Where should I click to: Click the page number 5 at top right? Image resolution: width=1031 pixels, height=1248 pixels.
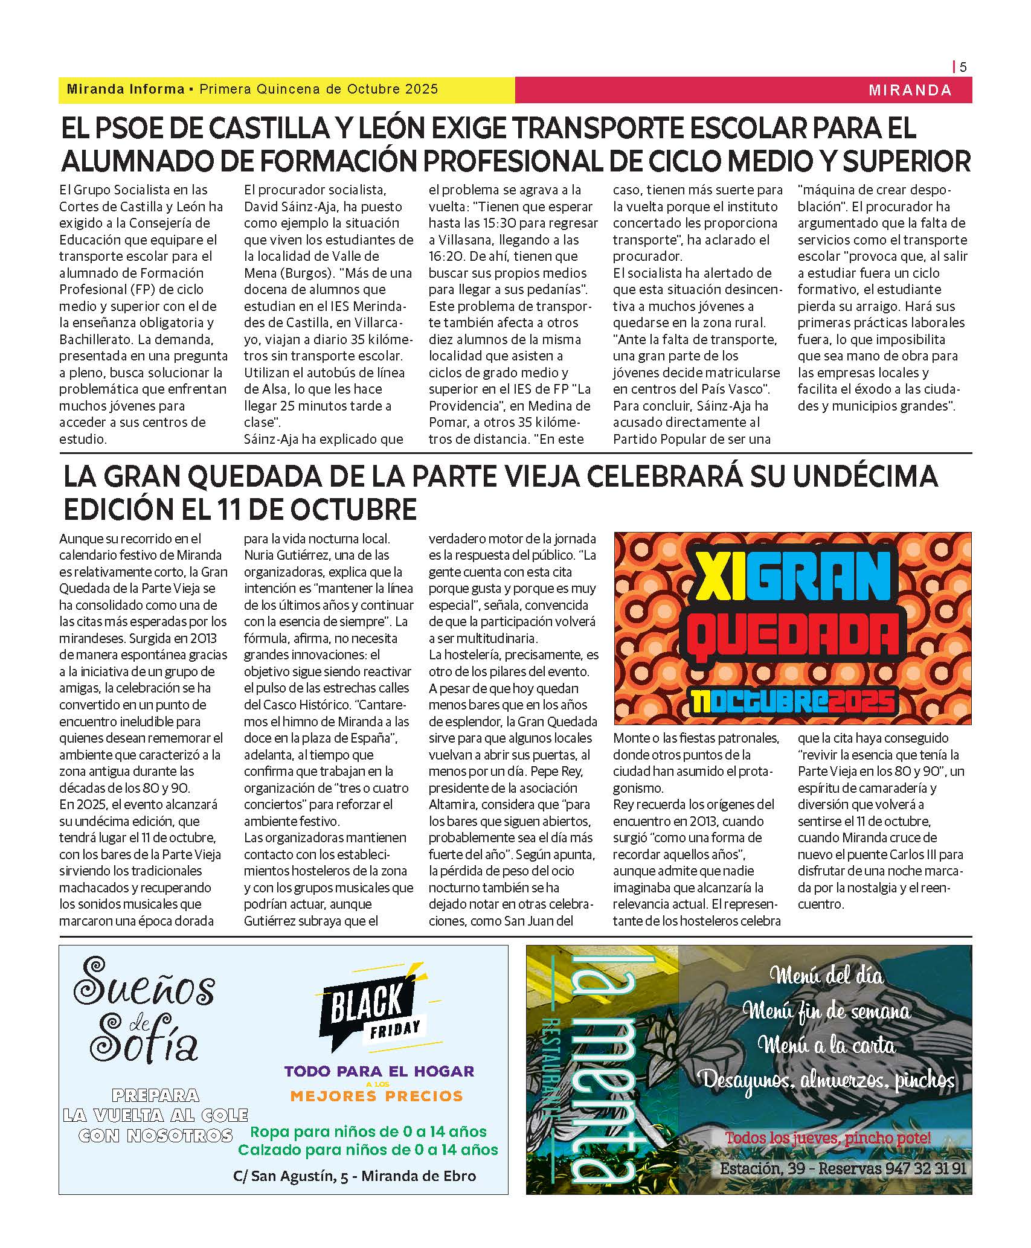963,67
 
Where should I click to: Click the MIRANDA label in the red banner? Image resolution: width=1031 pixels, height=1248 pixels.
910,90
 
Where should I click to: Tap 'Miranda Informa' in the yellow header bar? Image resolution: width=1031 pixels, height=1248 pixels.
126,89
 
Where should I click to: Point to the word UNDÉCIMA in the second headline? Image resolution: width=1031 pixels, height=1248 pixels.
865,476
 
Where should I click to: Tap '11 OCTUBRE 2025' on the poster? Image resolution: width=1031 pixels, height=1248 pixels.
792,702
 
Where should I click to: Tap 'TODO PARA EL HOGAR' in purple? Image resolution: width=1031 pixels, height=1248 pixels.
379,1072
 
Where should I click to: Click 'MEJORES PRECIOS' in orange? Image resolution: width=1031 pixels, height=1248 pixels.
376,1096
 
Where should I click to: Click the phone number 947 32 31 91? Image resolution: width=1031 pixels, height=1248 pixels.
925,1168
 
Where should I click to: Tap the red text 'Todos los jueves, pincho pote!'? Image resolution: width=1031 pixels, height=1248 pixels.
827,1138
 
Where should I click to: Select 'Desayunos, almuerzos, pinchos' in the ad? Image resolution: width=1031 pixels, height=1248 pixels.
826,1081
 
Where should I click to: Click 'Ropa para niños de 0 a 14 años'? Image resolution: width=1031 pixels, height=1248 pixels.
368,1131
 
